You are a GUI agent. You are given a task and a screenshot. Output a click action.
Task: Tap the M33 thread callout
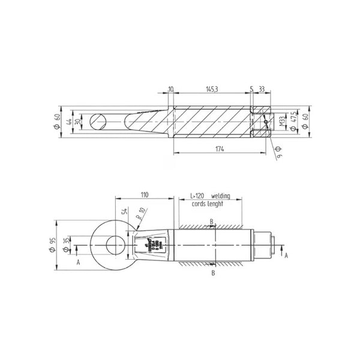280,124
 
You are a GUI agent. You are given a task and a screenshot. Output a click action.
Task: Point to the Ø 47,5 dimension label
293,123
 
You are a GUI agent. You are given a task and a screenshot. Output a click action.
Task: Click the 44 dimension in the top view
69,122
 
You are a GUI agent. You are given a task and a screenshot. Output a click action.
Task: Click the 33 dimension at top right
263,88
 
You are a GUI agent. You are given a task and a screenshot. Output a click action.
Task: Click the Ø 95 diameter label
55,245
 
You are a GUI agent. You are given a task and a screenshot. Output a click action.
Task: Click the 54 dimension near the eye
125,212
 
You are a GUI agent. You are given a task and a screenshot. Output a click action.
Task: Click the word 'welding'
224,196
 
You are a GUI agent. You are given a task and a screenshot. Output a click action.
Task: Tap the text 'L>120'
197,196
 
